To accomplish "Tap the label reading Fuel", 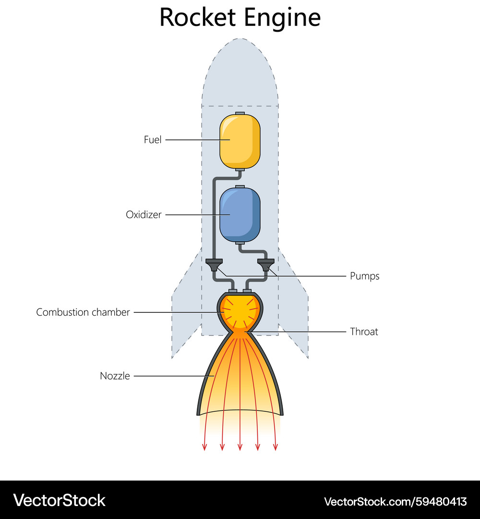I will click(153, 140).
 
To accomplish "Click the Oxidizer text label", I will click(144, 215).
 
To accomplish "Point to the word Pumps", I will click(364, 276).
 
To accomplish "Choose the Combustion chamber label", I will click(83, 312).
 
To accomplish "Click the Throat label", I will click(364, 332).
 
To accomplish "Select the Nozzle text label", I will click(115, 376).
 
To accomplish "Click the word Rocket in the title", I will click(198, 17).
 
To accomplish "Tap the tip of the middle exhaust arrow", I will click(240, 449).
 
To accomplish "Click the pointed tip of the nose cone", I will click(240, 39).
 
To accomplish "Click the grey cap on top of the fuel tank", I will click(240, 113).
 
